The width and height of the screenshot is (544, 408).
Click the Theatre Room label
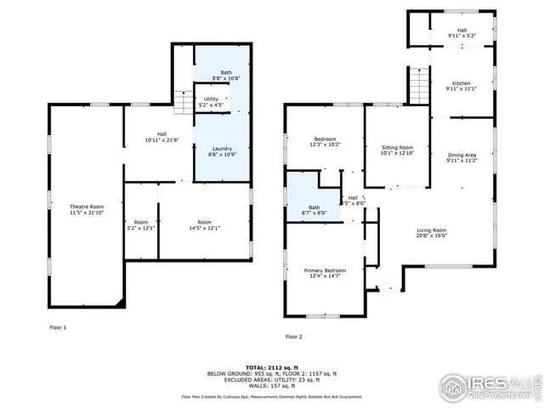(87, 207)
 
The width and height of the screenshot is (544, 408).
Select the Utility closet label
(210, 99)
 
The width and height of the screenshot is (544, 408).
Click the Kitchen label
(462, 83)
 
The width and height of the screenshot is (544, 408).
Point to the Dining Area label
(462, 155)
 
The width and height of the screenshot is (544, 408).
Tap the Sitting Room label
(397, 147)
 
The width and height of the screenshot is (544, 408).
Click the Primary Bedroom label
(326, 269)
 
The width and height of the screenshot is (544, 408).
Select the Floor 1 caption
(58, 327)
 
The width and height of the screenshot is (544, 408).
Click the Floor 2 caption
(293, 337)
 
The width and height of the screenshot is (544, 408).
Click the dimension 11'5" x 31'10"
(87, 212)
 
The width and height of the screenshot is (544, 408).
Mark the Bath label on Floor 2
(314, 207)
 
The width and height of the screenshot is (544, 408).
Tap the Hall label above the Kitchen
(462, 30)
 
